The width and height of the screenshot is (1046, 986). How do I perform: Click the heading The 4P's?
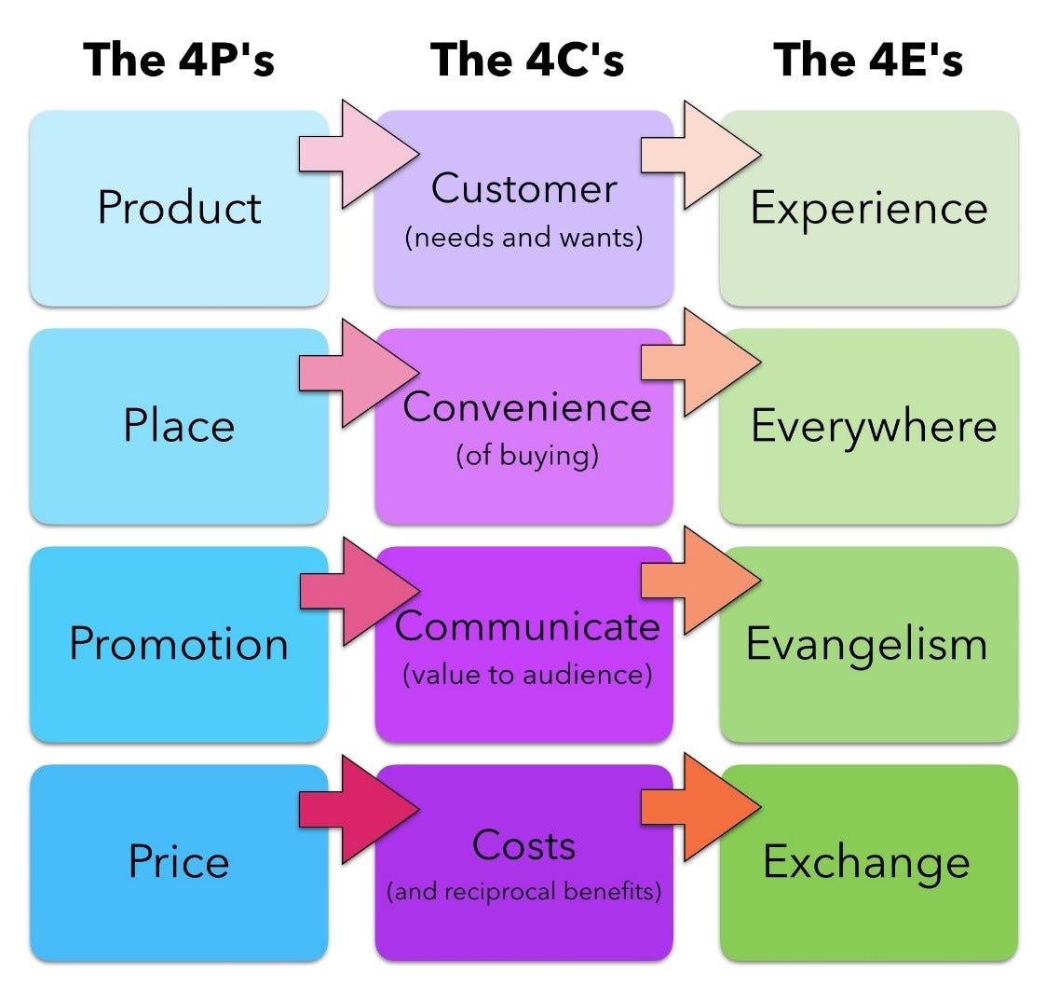click(x=179, y=60)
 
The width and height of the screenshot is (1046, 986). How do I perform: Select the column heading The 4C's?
click(x=527, y=60)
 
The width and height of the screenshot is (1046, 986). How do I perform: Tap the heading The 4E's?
click(x=868, y=60)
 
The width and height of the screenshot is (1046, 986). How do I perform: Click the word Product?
click(x=179, y=207)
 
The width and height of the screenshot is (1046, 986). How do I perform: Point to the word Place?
click(x=179, y=426)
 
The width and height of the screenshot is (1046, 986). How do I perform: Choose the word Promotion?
click(x=179, y=644)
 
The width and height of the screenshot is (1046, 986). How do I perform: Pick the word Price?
click(x=179, y=861)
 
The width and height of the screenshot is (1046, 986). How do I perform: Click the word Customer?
click(x=523, y=189)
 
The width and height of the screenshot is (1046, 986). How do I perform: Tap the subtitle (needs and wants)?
click(x=523, y=238)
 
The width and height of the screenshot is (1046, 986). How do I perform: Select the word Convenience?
click(x=527, y=408)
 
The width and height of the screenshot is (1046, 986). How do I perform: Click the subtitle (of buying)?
click(x=526, y=458)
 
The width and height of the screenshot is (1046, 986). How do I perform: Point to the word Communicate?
click(x=527, y=626)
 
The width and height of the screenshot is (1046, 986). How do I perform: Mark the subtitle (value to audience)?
click(x=526, y=675)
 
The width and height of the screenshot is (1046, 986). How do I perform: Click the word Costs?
click(x=523, y=845)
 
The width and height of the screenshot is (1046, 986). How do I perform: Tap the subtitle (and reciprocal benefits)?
click(x=523, y=892)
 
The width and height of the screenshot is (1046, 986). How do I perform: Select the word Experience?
click(x=868, y=208)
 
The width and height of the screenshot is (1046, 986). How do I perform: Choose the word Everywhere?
click(x=873, y=427)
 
